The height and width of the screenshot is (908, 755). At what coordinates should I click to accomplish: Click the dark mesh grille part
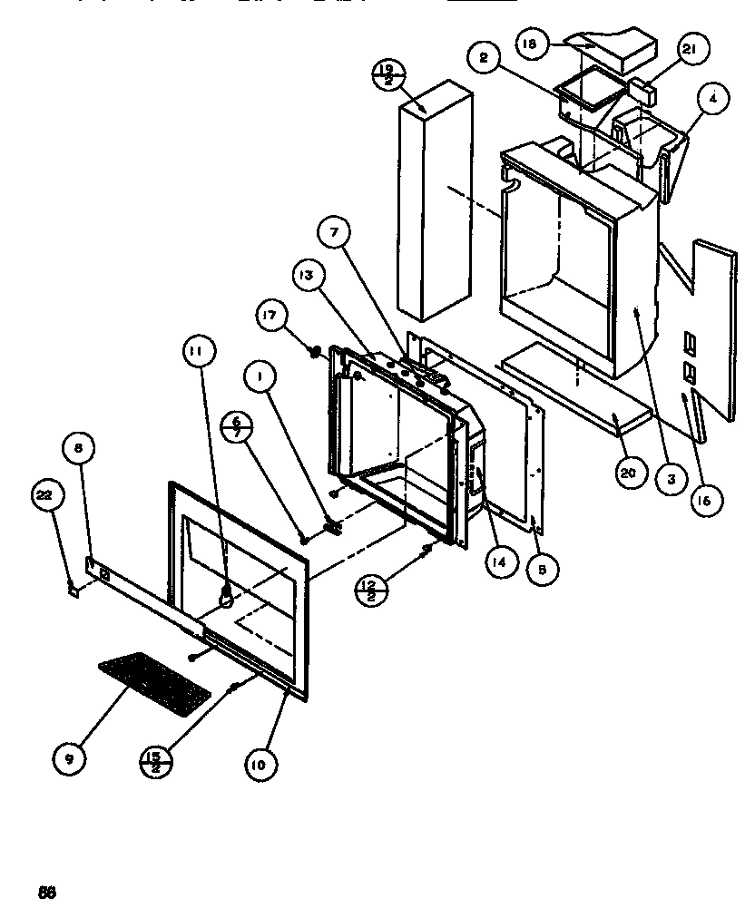click(x=154, y=680)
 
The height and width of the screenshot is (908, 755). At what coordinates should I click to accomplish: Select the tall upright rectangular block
click(x=435, y=200)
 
